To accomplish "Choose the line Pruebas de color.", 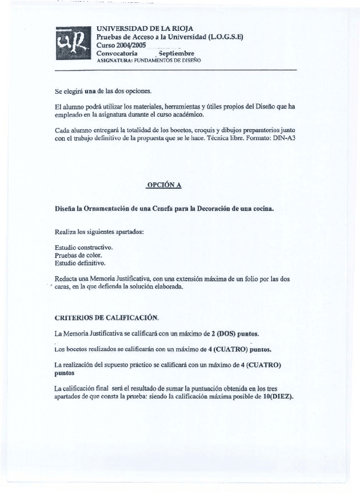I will coord(78,255).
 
